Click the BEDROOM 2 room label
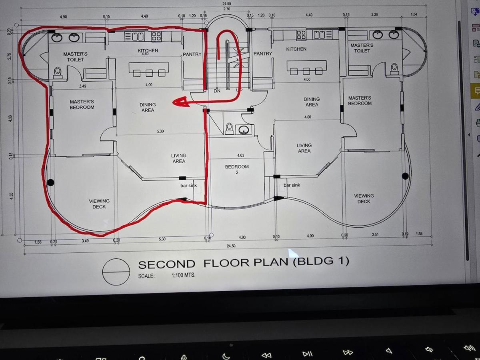[237, 169]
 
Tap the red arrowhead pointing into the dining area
[180, 102]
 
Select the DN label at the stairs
[217, 91]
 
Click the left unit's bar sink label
[188, 186]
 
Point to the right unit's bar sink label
[292, 185]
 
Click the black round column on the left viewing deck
[51, 182]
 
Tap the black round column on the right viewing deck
[405, 176]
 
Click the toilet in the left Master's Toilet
[58, 73]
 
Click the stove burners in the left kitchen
[156, 36]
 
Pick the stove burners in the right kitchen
[301, 35]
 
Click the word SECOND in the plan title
[166, 264]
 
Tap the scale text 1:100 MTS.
[184, 275]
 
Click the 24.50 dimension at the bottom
[231, 246]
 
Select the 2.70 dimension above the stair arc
[227, 9]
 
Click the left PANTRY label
[192, 54]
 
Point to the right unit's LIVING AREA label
[304, 148]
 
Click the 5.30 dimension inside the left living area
[160, 131]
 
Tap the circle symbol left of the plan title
[116, 272]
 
